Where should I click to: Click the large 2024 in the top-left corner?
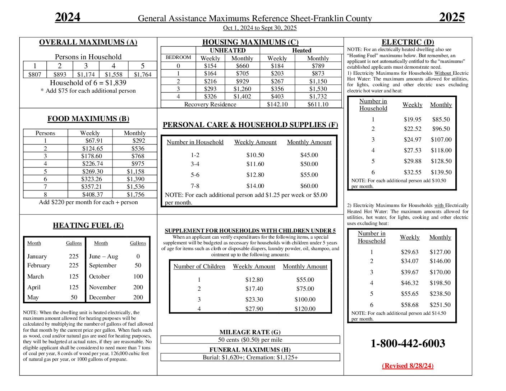pos(68,17)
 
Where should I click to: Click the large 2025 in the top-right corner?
pos(452,17)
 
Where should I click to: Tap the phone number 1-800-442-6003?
pos(408,344)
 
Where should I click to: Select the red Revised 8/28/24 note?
pos(408,366)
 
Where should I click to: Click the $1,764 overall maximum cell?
pos(143,74)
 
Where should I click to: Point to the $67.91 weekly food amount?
pos(94,141)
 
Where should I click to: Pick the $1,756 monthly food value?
pos(135,194)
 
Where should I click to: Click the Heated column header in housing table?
pos(302,50)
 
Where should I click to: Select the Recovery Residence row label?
pos(210,104)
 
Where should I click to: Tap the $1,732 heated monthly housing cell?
pos(318,96)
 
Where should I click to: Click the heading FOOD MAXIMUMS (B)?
pos(88,119)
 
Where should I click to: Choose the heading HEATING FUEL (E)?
pos(88,226)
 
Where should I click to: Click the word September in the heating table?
pos(103,266)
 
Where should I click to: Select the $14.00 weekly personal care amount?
pos(255,186)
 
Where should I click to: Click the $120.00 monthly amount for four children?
pos(305,309)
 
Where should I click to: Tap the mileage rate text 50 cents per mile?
pos(250,340)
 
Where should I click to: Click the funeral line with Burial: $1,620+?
pos(250,358)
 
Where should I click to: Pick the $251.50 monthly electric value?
pos(440,305)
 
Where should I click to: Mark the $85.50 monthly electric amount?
pos(441,120)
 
